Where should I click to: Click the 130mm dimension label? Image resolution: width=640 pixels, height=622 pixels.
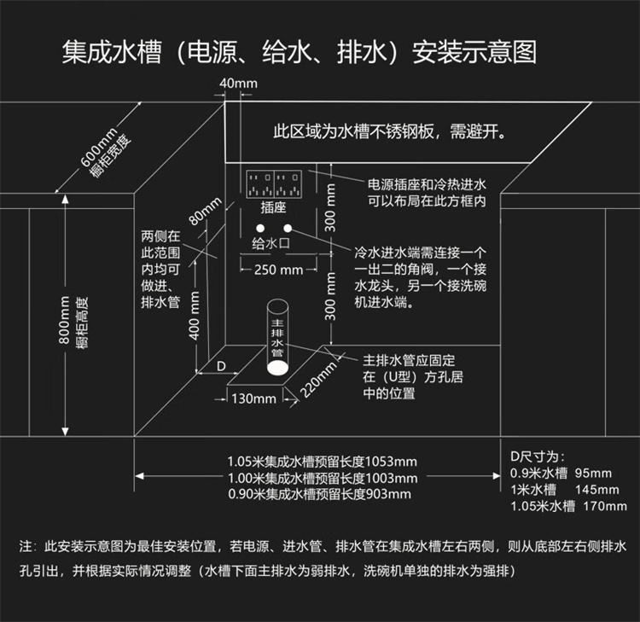point(254,398)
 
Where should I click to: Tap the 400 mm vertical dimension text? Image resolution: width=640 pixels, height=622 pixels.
point(195,315)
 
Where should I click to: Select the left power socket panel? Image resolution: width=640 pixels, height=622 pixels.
point(259,183)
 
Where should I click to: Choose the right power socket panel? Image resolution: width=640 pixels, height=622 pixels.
point(288,183)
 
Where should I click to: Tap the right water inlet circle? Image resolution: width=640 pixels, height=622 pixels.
point(288,229)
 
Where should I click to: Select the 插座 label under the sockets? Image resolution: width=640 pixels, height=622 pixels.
point(273,207)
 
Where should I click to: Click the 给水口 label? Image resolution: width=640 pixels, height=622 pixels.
point(272,244)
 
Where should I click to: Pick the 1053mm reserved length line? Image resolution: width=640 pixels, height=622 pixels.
point(323,461)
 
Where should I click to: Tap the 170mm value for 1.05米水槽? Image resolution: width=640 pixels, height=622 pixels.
point(603,506)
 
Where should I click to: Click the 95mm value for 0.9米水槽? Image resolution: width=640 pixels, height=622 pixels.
point(593,474)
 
